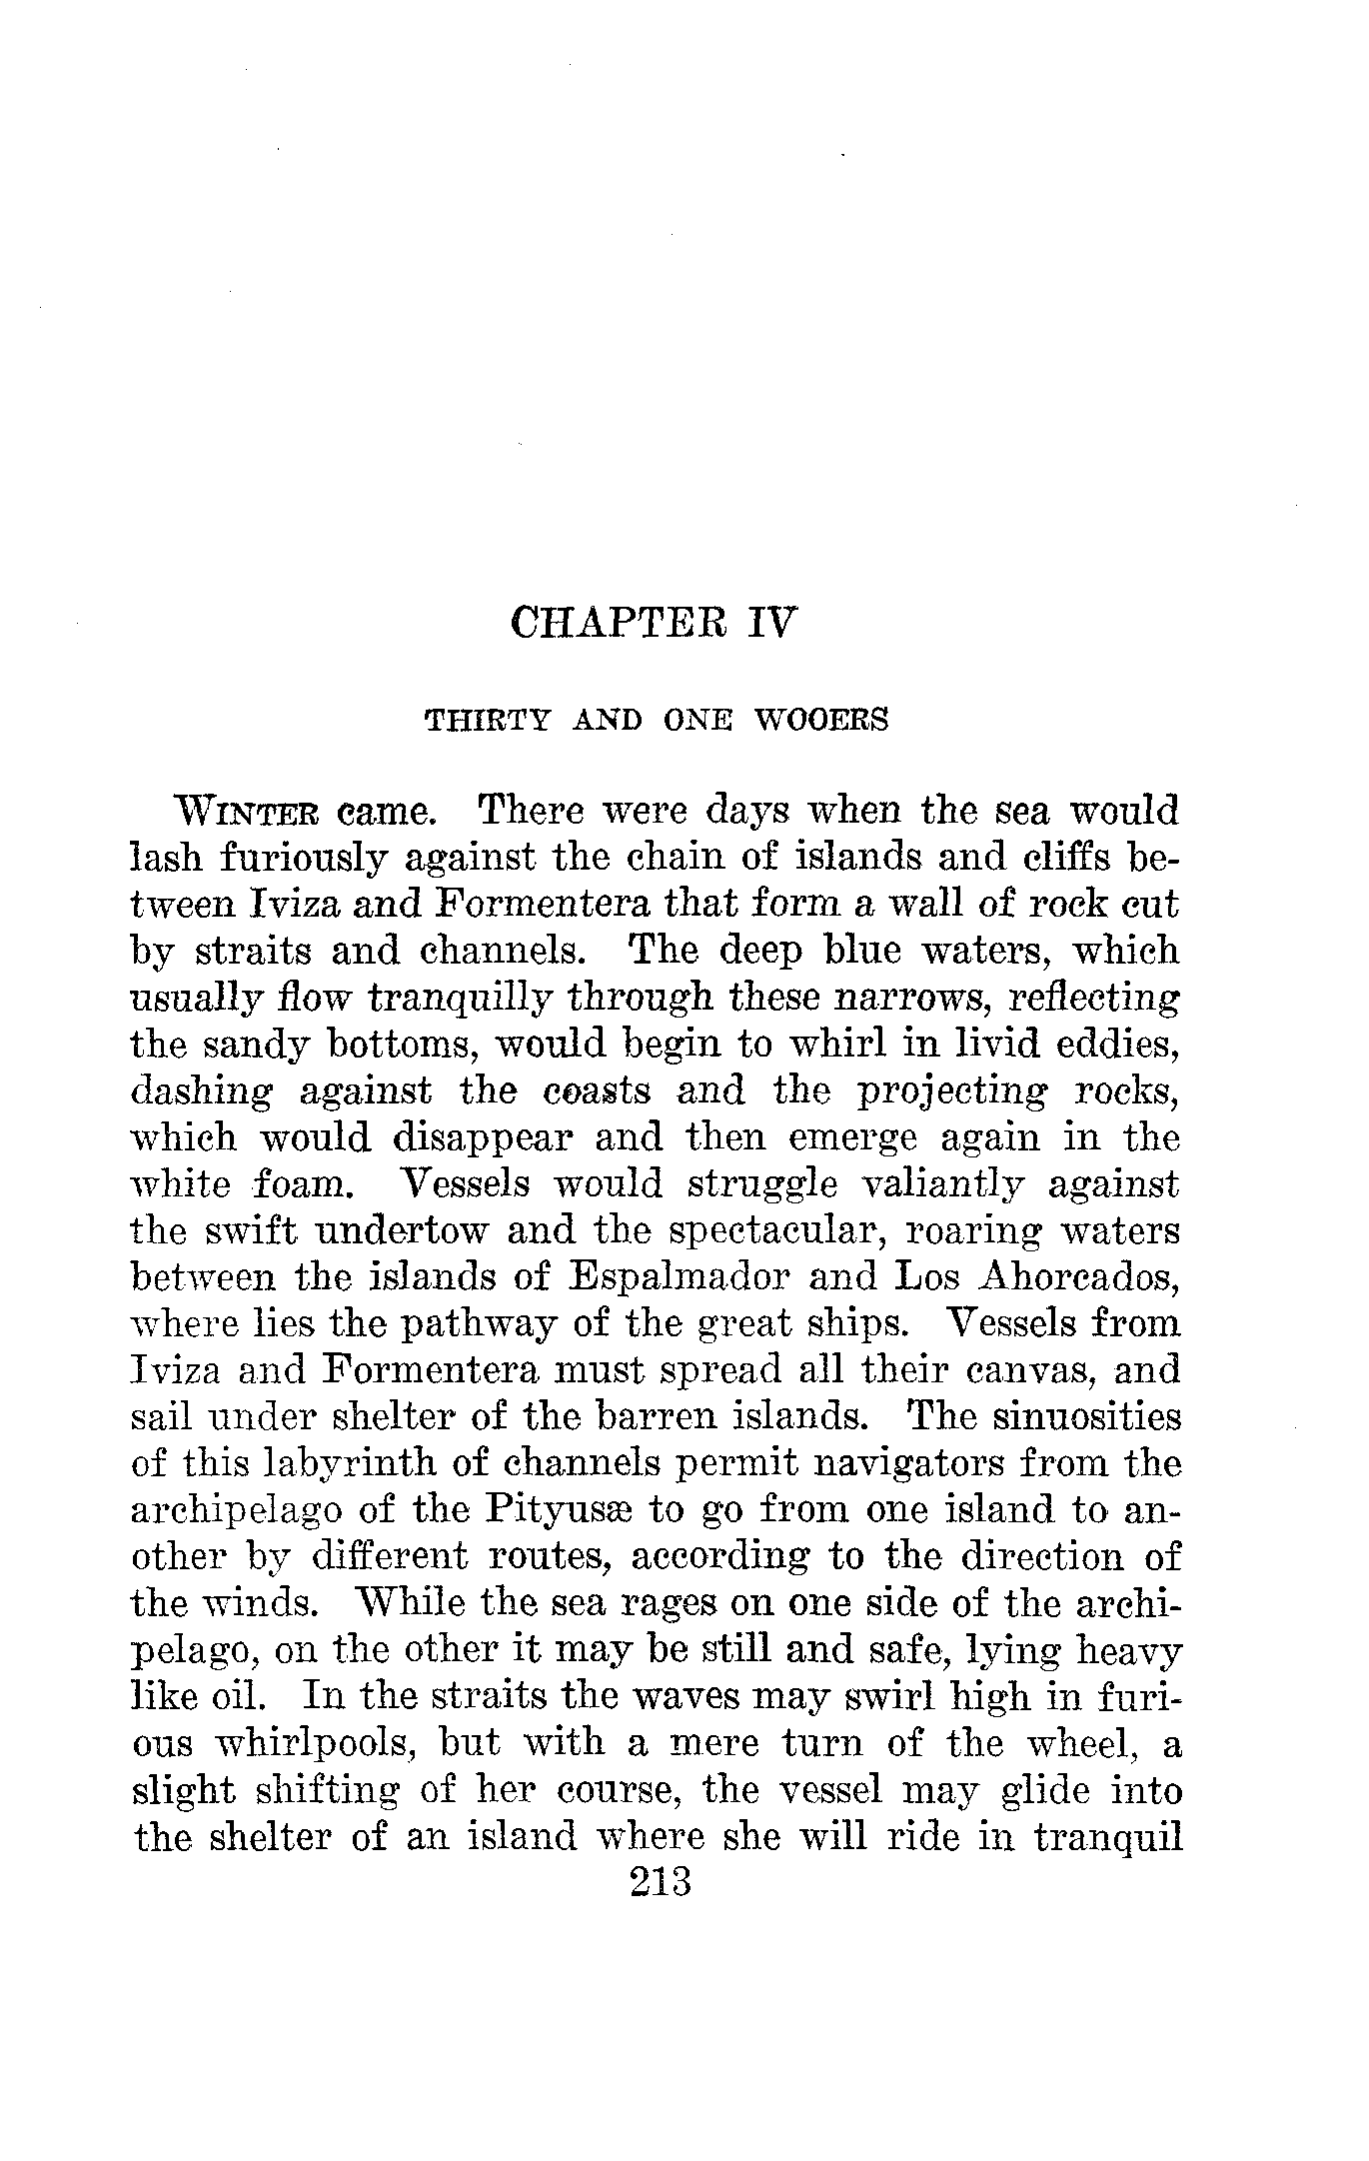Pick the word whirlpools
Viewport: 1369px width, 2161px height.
coord(325,1744)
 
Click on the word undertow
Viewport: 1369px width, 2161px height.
coord(399,1231)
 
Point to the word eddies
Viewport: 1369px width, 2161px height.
coord(1124,1045)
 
